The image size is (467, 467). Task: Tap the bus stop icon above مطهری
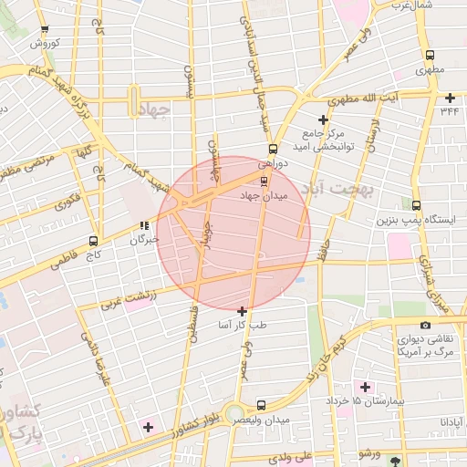point(425,54)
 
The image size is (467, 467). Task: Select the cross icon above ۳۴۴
point(450,98)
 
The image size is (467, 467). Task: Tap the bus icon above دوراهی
point(272,149)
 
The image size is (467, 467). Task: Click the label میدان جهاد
point(264,196)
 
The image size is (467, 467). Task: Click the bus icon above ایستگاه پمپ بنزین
point(417,205)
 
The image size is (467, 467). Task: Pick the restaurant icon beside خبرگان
point(143,225)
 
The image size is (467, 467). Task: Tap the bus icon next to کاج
point(93,242)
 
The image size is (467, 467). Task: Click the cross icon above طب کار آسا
point(242,311)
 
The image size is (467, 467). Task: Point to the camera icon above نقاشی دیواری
point(425,325)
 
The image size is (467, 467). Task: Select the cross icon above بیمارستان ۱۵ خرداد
point(365,387)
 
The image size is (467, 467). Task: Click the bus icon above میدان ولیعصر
point(262,404)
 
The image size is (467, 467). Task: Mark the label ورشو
point(368,453)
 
